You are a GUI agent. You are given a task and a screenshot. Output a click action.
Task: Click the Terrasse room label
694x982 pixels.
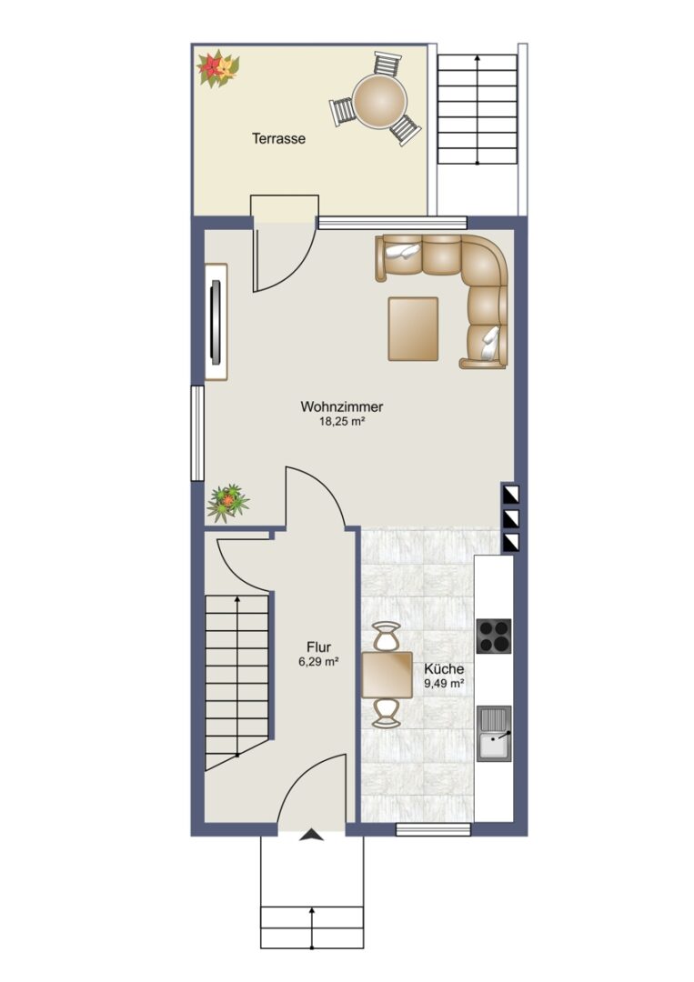tap(278, 138)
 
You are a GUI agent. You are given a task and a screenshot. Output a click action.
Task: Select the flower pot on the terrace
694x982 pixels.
tap(218, 68)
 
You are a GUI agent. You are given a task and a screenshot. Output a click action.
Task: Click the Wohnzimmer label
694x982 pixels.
tap(341, 406)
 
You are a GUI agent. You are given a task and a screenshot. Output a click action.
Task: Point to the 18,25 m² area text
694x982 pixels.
tap(342, 422)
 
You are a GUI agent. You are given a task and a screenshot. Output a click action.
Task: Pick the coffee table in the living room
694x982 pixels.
tap(413, 329)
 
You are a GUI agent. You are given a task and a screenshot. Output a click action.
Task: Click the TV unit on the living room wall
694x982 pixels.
tap(216, 321)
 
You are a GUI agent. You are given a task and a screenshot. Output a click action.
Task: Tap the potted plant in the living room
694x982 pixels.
tap(228, 502)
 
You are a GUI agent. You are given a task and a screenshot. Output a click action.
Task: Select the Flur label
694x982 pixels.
tap(319, 647)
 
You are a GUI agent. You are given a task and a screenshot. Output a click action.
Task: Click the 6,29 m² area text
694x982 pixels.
tap(319, 661)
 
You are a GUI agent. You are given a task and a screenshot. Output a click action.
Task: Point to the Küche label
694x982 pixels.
tap(444, 669)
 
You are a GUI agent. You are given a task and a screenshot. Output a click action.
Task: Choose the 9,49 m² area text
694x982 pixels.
tap(444, 684)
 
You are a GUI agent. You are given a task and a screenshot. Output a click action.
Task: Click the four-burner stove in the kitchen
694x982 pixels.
tap(494, 636)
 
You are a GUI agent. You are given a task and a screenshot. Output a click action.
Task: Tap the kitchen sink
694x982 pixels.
tap(494, 734)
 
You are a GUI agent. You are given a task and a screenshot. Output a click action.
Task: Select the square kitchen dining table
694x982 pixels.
tap(387, 675)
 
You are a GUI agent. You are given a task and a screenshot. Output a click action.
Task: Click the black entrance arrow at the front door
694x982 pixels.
tap(311, 835)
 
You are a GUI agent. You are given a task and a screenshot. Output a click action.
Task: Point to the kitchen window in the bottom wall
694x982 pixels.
tap(434, 830)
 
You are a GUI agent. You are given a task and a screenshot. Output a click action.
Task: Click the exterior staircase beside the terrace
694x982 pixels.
tap(478, 109)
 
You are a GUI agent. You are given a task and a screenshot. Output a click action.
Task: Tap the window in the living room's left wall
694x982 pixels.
tap(197, 434)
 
